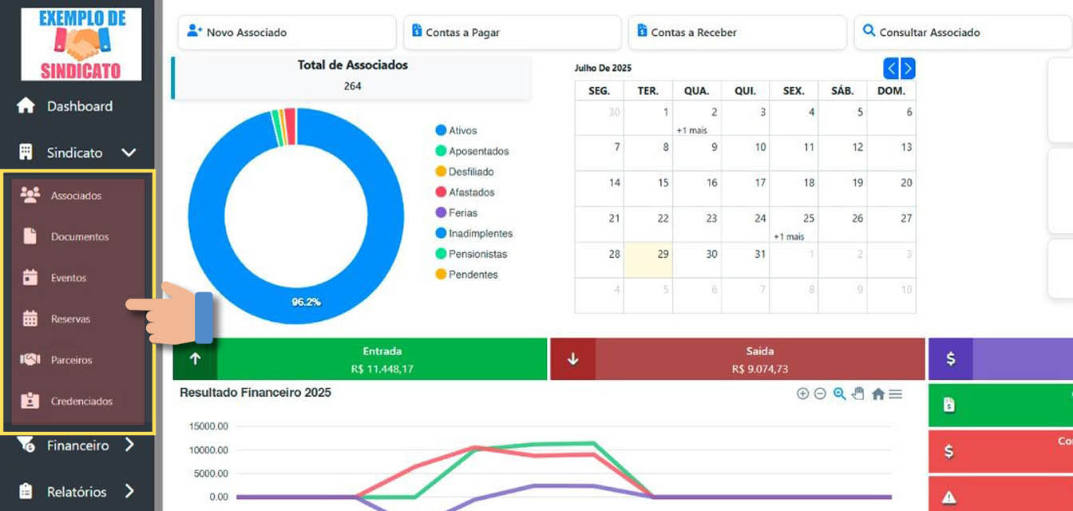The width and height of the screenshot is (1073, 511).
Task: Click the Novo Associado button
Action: pos(286,33)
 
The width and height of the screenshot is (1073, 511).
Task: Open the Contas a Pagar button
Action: pos(512,33)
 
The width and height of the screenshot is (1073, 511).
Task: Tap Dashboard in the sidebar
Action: pos(79,106)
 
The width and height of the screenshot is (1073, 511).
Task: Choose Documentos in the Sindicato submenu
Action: pos(79,237)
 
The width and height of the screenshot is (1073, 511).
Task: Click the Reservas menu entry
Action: pos(70,319)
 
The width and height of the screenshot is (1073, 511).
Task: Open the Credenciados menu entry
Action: pos(81,402)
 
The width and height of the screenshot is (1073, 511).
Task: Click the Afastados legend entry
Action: pos(471,192)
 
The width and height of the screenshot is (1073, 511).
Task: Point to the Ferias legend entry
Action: pos(462,213)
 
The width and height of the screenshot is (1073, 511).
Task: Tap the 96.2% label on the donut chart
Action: pos(306,303)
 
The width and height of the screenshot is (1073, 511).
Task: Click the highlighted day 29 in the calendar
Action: pos(648,260)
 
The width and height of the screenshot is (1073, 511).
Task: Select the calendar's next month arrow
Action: pos(908,69)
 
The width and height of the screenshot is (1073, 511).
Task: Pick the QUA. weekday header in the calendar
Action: pos(697,91)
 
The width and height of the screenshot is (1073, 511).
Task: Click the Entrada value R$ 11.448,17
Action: pos(382,369)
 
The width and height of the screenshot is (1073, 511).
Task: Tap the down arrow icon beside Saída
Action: pos(572,359)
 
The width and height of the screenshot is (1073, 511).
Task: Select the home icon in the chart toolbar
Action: pos(878,394)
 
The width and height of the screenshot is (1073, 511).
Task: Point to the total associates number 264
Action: pos(352,85)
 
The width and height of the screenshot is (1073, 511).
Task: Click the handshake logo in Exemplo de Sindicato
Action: pos(81,45)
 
